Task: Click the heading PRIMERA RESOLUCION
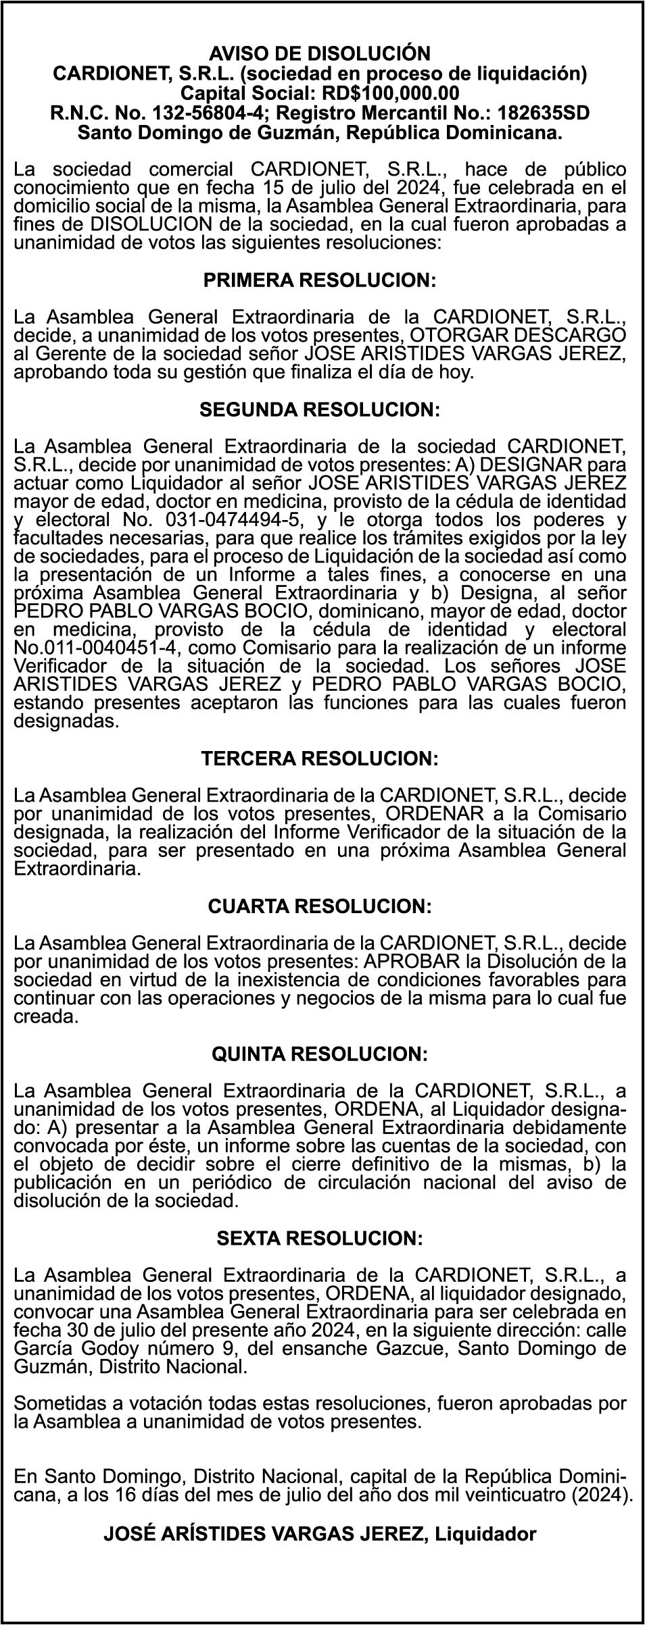click(x=319, y=280)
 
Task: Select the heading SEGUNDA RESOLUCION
click(x=320, y=410)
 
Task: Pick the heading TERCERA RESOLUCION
click(x=320, y=758)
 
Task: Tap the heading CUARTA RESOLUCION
click(x=320, y=906)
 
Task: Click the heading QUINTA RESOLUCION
click(x=320, y=1054)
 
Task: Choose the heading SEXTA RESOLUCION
click(x=320, y=1238)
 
